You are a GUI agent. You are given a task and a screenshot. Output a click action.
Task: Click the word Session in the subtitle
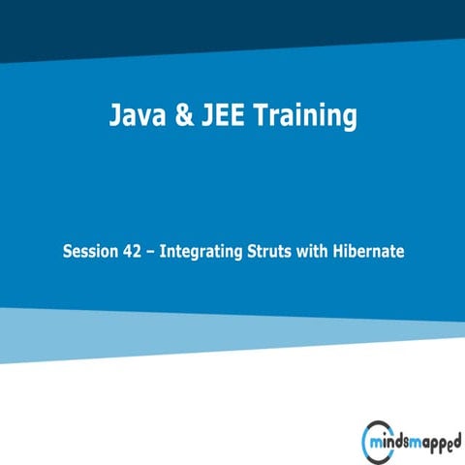click(89, 252)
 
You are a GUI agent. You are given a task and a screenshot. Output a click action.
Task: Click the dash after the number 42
click(151, 252)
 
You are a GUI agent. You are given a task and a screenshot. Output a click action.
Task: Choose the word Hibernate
click(368, 252)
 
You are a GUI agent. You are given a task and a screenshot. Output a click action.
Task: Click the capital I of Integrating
click(163, 252)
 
